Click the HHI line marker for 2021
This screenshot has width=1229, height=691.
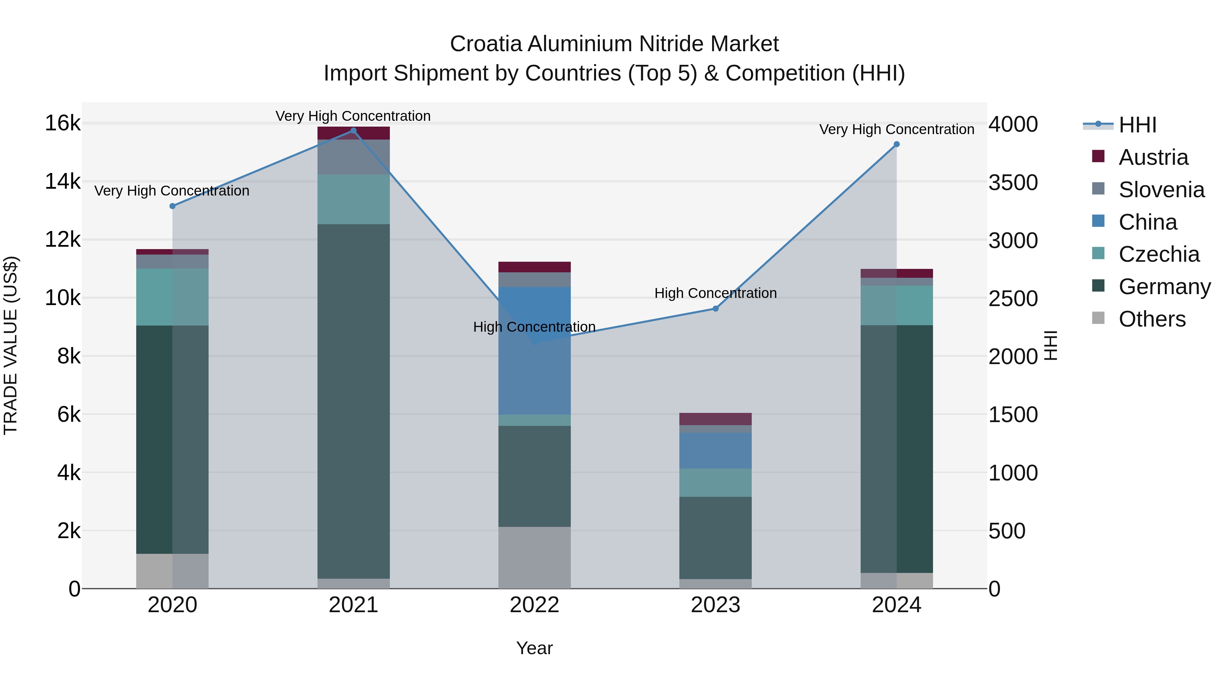pos(354,131)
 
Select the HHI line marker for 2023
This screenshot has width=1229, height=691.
pos(715,308)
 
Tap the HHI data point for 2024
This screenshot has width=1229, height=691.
pos(896,144)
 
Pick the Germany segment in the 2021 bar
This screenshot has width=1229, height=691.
pos(354,401)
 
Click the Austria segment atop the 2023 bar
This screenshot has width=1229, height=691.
pos(715,419)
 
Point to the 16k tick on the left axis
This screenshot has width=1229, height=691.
pos(62,124)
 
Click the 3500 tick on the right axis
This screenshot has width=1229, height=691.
pos(1013,183)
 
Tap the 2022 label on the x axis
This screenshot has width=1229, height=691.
pos(534,605)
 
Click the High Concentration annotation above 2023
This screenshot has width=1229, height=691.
pos(715,293)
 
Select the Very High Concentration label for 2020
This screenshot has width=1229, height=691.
pos(172,191)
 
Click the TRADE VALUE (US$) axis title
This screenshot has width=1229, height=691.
pos(11,345)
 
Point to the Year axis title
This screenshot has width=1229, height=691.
pos(534,648)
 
